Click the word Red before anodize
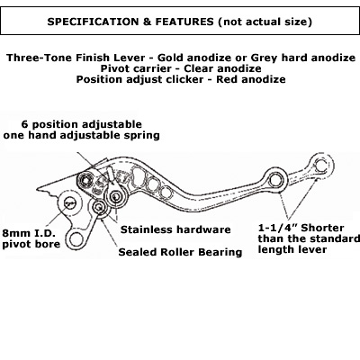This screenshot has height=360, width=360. pyautogui.click(x=228, y=79)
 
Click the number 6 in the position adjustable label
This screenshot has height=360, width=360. pyautogui.click(x=24, y=124)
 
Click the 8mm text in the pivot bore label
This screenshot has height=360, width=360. pyautogui.click(x=15, y=233)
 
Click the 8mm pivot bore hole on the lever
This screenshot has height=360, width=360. pyautogui.click(x=69, y=204)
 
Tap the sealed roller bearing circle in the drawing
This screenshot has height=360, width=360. pyautogui.click(x=99, y=207)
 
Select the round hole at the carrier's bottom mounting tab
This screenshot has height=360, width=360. pyautogui.click(x=76, y=239)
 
